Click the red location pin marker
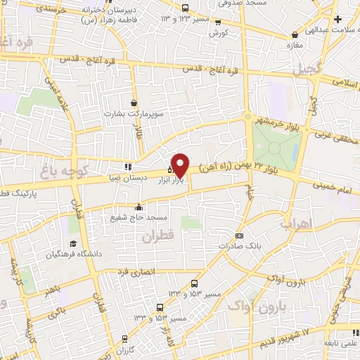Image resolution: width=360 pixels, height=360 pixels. coord(180,164)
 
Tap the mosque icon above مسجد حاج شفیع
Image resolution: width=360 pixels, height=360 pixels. coord(139,207)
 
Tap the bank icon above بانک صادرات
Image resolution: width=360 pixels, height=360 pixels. coord(240,236)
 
